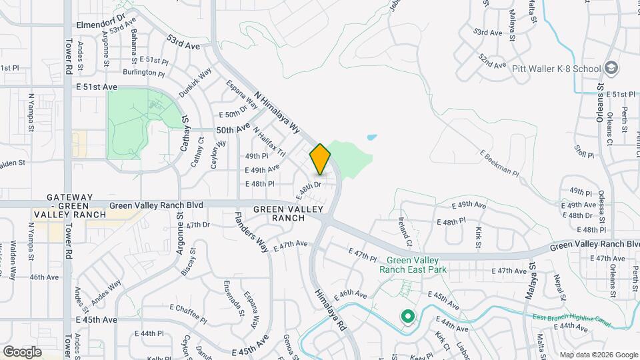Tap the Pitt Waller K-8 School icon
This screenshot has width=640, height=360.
click(611, 68)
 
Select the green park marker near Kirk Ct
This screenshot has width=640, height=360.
click(406, 317)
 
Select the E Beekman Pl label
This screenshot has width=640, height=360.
click(498, 163)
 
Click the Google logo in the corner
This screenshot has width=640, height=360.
click(22, 351)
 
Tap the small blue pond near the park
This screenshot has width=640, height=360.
click(371, 137)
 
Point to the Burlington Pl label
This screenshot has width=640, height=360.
click(143, 73)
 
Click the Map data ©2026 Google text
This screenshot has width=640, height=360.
click(598, 355)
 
